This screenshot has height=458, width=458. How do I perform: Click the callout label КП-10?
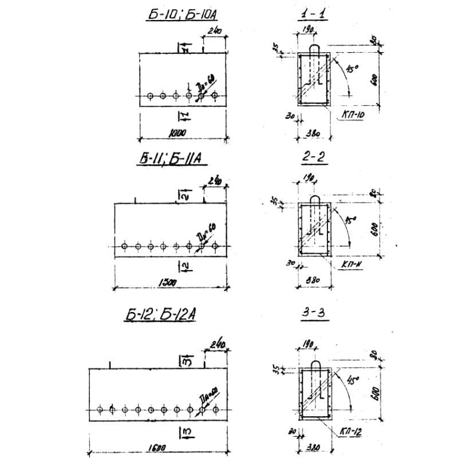[x=356, y=116]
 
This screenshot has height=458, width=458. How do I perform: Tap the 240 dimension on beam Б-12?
[x=218, y=345]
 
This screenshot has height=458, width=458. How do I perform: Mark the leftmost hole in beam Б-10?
[x=149, y=96]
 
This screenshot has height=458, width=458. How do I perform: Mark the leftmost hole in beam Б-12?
[x=101, y=410]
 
